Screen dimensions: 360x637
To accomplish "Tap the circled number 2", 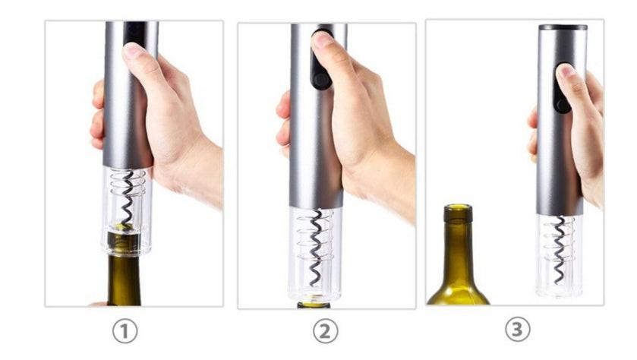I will (x=326, y=331).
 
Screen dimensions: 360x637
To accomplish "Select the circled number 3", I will (x=518, y=329).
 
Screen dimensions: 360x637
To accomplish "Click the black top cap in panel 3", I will (x=563, y=27).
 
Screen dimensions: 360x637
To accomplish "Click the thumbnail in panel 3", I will (x=567, y=71).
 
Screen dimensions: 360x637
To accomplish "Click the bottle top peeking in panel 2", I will (x=314, y=305).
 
